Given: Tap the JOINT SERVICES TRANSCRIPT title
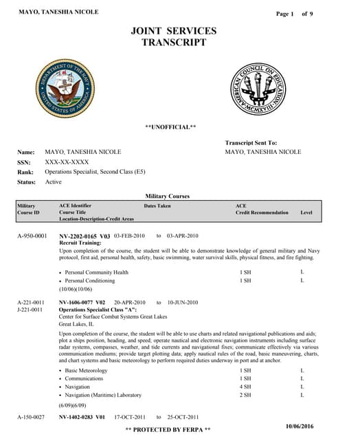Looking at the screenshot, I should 173,36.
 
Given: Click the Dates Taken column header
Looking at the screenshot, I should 157,206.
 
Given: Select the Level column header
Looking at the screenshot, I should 306,212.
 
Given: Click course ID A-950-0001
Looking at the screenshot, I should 32,236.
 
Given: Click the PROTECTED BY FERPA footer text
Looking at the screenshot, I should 168,430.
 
